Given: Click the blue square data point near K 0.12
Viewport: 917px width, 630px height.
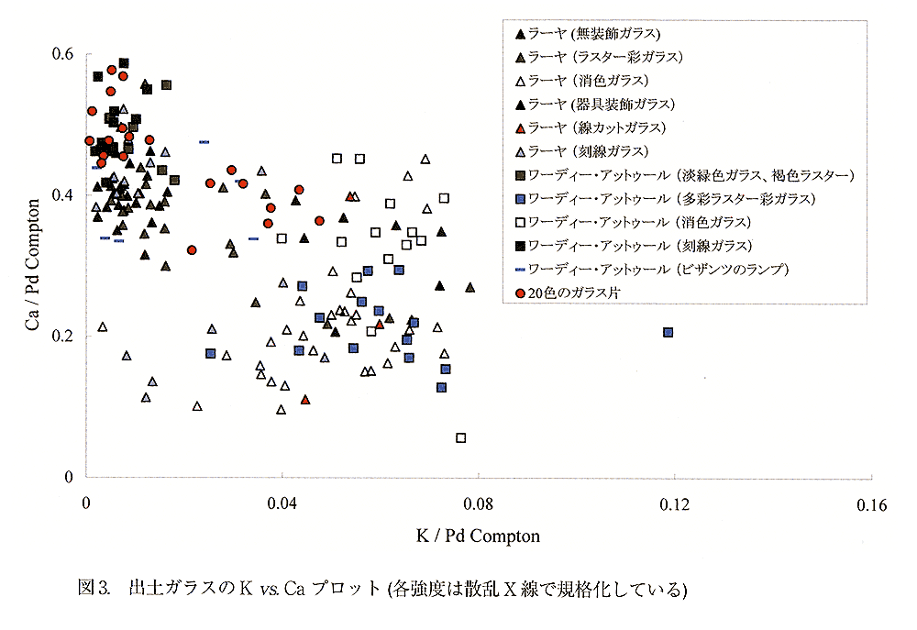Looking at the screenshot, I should tap(668, 332).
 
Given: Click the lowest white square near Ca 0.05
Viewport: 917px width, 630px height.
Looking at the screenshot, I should tap(461, 437).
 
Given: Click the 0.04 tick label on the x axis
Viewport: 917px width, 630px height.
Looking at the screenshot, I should tap(282, 504).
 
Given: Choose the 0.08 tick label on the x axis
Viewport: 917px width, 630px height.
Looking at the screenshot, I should tap(478, 504).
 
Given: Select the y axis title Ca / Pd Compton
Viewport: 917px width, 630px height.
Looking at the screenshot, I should tap(33, 266).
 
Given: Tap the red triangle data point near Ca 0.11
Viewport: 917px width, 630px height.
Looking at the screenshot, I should tap(305, 399).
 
